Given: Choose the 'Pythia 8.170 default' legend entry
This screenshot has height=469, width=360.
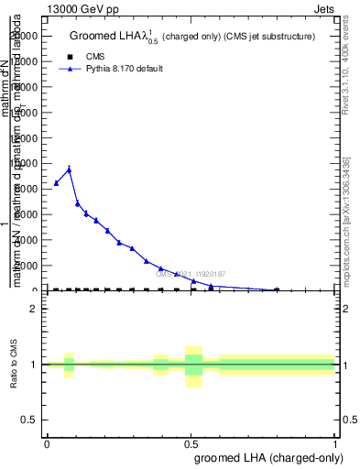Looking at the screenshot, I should (x=111, y=69).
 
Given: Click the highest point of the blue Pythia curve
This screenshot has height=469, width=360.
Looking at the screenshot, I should (x=69, y=169).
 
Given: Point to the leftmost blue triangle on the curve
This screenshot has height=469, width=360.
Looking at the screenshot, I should (x=56, y=183).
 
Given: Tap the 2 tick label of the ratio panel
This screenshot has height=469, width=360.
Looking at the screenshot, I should (x=34, y=309).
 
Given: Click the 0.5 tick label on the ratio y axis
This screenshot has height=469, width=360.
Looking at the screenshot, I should (x=30, y=420).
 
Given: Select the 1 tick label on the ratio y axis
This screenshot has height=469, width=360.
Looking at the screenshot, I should (x=34, y=365).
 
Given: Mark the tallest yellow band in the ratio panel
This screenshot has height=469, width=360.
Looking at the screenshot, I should (x=193, y=366).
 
